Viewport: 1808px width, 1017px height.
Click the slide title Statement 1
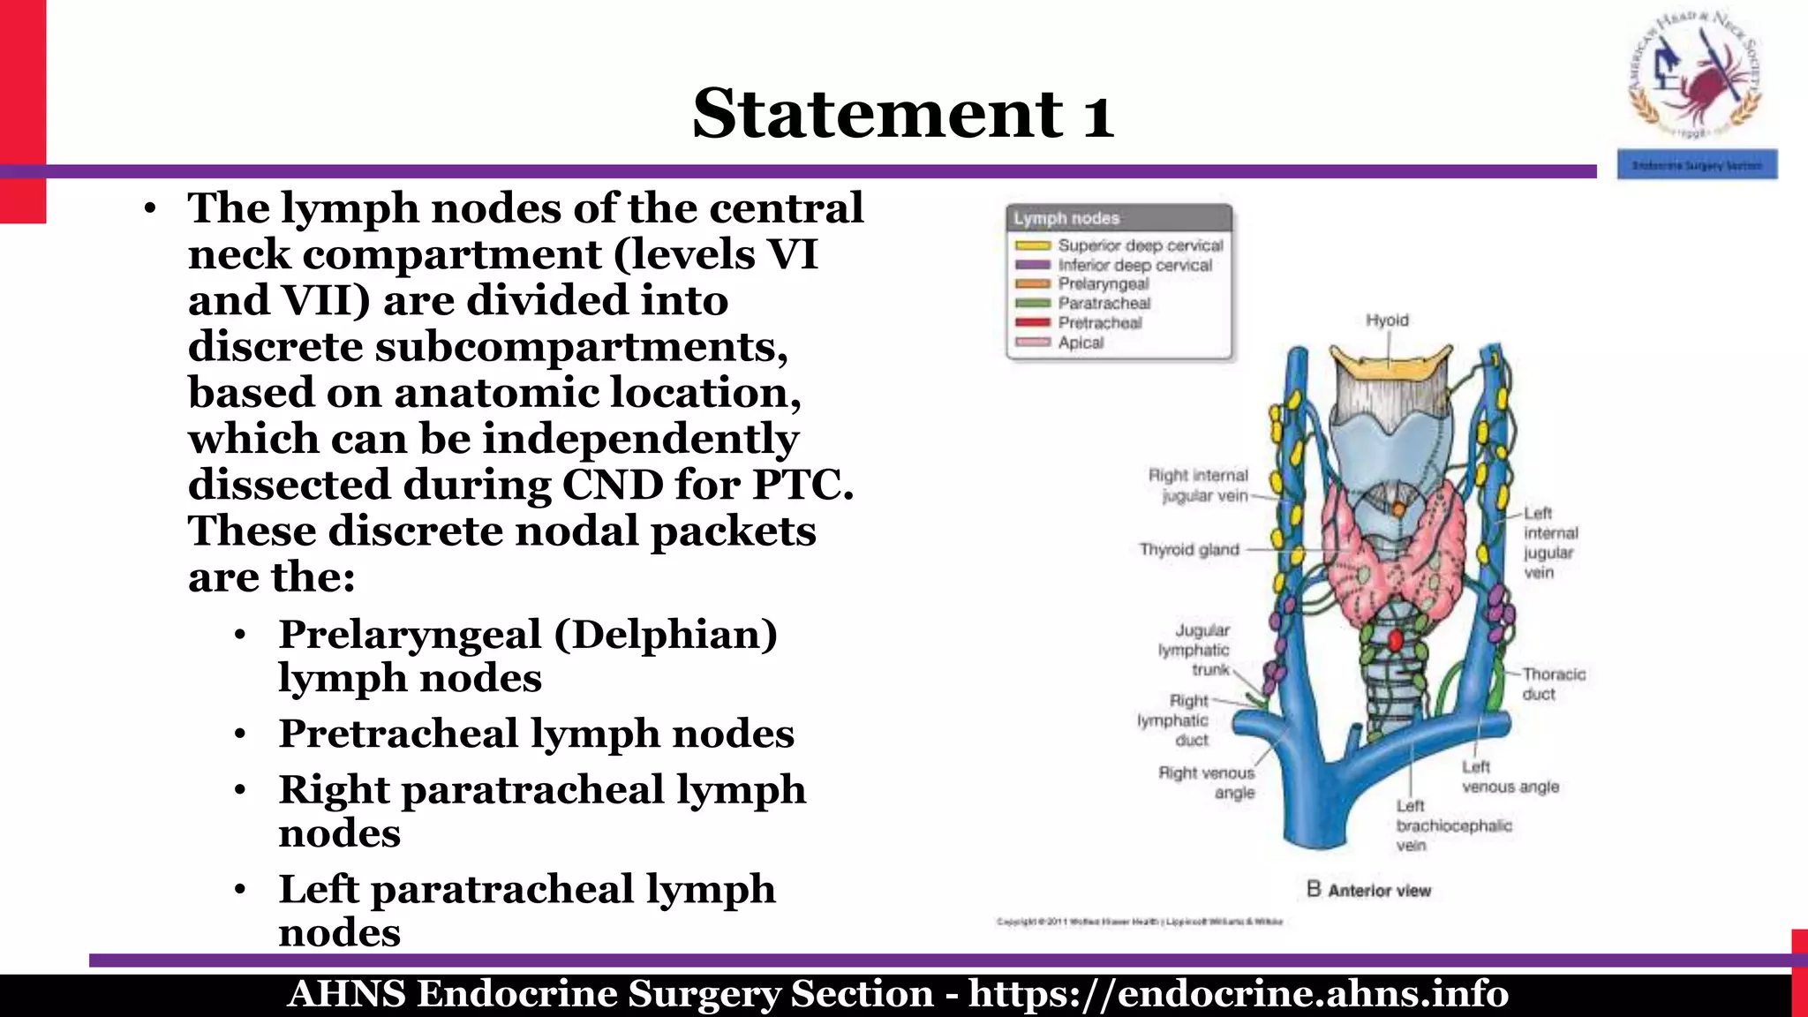(x=902, y=114)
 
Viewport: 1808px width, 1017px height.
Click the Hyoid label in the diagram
(x=1387, y=320)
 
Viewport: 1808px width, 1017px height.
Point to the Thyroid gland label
(x=1189, y=550)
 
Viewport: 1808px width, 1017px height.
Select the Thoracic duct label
(x=1553, y=684)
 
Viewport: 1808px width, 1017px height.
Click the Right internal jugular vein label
(x=1199, y=486)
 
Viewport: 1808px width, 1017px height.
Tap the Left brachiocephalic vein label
(x=1453, y=825)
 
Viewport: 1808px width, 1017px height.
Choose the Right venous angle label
(x=1207, y=783)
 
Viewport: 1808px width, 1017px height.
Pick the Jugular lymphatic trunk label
(x=1194, y=651)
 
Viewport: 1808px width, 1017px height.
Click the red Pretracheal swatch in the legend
(x=1032, y=323)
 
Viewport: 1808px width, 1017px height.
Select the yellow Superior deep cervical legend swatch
(x=1032, y=245)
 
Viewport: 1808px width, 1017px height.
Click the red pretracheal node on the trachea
(x=1396, y=639)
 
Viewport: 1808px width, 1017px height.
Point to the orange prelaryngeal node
(x=1398, y=510)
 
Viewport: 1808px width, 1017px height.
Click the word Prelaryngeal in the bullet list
(x=409, y=635)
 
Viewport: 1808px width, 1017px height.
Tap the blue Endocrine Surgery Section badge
(x=1697, y=165)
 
